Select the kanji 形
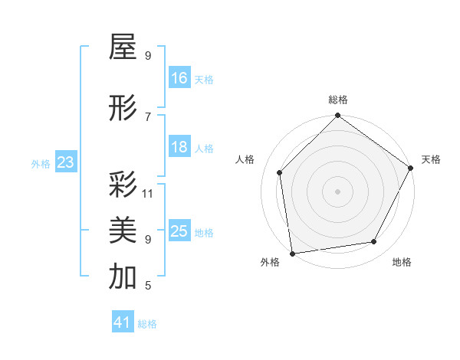pyautogui.click(x=123, y=109)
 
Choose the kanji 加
pyautogui.click(x=123, y=277)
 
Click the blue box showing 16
pyautogui.click(x=179, y=78)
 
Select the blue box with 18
pyautogui.click(x=179, y=147)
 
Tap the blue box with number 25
pyautogui.click(x=179, y=231)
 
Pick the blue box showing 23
pyautogui.click(x=65, y=162)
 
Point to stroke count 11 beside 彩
pyautogui.click(x=148, y=193)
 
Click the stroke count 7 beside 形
pyautogui.click(x=148, y=116)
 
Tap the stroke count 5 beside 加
pyautogui.click(x=148, y=286)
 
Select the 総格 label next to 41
pyautogui.click(x=147, y=324)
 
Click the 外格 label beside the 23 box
pyautogui.click(x=41, y=163)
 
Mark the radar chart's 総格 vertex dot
pyautogui.click(x=337, y=116)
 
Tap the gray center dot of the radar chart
pyautogui.click(x=337, y=191)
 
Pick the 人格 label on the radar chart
pyautogui.click(x=245, y=159)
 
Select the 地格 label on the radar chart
pyautogui.click(x=402, y=262)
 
